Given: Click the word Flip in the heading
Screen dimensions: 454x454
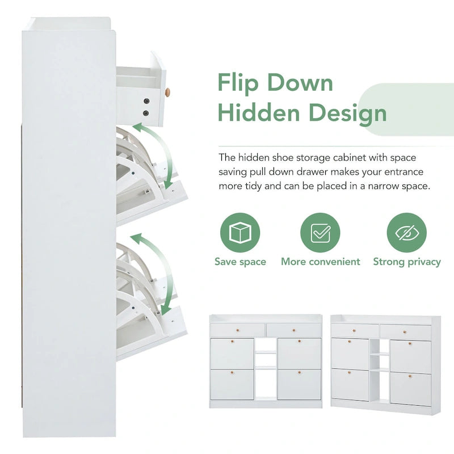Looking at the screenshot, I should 240,83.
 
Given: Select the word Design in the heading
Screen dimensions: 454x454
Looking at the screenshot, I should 346,112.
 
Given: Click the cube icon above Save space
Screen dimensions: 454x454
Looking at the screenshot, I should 240,233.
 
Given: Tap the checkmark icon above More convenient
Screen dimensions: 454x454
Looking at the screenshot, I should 320,233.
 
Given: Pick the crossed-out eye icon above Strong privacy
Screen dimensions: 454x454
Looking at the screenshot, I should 406,233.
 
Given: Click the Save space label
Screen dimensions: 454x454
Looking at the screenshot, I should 240,262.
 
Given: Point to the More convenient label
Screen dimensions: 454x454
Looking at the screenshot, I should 321,262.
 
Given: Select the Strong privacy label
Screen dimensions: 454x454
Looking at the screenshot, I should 407,262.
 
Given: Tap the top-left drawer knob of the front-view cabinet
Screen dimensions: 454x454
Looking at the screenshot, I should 237,330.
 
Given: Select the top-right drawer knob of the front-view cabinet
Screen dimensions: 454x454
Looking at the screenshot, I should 293,330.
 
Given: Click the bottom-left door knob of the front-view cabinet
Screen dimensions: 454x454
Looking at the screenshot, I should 232,373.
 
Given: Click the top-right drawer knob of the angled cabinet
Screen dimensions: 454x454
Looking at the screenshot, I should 405,332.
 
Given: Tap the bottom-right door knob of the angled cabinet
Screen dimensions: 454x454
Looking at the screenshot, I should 410,376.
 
